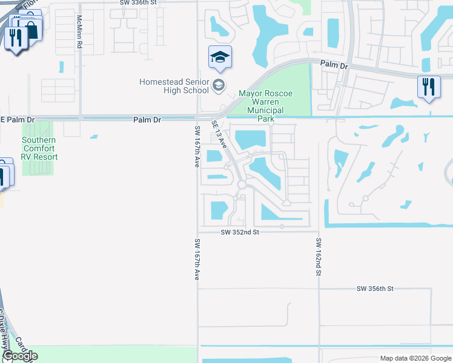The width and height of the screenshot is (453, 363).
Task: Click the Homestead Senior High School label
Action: click(174, 86)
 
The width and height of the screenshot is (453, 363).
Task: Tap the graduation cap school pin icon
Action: click(220, 58)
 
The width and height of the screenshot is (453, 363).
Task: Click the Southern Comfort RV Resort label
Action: click(40, 148)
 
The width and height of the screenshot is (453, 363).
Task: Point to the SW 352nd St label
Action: click(240, 232)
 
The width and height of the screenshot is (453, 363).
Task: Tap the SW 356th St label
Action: click(375, 289)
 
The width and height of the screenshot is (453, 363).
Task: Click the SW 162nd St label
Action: click(318, 257)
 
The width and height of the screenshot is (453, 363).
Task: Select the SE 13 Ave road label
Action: click(219, 134)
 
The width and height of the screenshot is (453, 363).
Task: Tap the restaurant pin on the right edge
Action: click(429, 87)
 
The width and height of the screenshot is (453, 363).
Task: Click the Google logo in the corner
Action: click(19, 356)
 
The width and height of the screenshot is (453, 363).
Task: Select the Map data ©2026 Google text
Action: click(415, 358)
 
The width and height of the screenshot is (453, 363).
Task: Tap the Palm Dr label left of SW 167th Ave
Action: click(147, 120)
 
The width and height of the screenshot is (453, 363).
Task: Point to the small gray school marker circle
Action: click(219, 85)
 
